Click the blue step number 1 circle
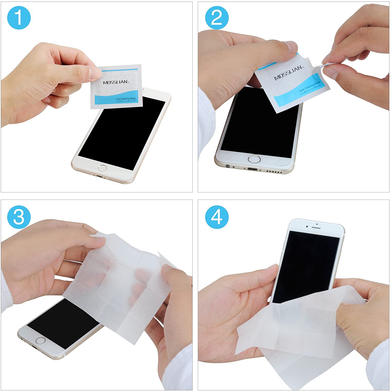coord(19,18)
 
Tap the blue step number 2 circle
coord(217,18)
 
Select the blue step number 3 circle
coord(19,217)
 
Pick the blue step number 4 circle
coord(217,217)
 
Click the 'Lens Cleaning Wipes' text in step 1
coord(125,99)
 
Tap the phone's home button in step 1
coord(102,168)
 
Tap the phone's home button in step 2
coord(254,159)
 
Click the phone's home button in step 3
coord(40,341)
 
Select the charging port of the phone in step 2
coord(252,169)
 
